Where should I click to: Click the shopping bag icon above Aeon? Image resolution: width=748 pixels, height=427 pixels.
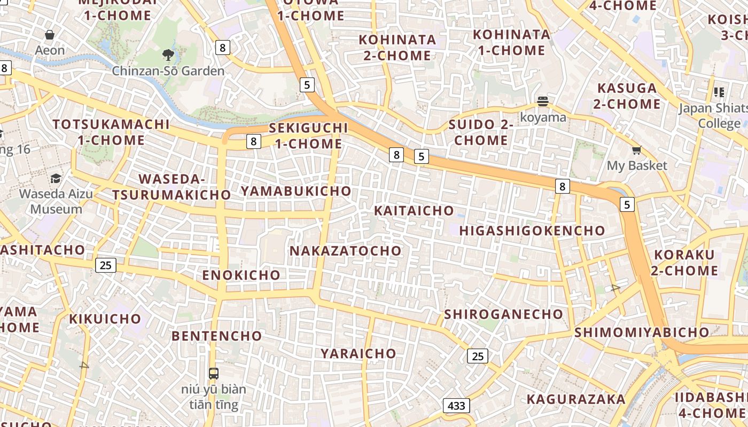pos(50,35)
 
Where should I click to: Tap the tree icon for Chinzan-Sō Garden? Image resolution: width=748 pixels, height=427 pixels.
pos(168,54)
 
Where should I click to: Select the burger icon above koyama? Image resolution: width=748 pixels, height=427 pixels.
pos(543,101)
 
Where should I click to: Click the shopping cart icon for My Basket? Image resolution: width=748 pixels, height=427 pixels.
pos(636,151)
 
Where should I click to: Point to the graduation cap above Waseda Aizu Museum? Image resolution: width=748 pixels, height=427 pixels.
pos(56,178)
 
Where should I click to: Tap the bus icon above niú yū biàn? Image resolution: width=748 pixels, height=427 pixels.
pos(214,373)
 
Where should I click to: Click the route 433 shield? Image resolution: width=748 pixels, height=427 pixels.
pos(456,406)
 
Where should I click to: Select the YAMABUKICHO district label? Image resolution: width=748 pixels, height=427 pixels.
pos(296,191)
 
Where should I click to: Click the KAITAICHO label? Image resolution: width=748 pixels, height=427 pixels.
pos(414,211)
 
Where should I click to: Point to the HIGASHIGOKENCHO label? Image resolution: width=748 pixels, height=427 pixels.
pos(532,231)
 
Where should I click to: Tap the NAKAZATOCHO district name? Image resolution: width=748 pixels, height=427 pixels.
pos(345,251)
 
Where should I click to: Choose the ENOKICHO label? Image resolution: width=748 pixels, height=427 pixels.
pos(241,275)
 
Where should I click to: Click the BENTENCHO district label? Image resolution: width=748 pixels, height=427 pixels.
pos(217,336)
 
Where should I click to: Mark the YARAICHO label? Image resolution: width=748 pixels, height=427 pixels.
pos(359,353)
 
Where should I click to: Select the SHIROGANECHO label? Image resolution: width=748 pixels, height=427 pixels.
pos(503,314)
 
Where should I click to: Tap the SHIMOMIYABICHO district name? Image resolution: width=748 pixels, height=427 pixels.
pos(642,333)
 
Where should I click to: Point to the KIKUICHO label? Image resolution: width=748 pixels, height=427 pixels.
pos(105,319)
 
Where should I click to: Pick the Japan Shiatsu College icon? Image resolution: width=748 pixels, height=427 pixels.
pos(719,92)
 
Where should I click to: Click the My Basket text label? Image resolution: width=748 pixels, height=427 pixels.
pos(637,165)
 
